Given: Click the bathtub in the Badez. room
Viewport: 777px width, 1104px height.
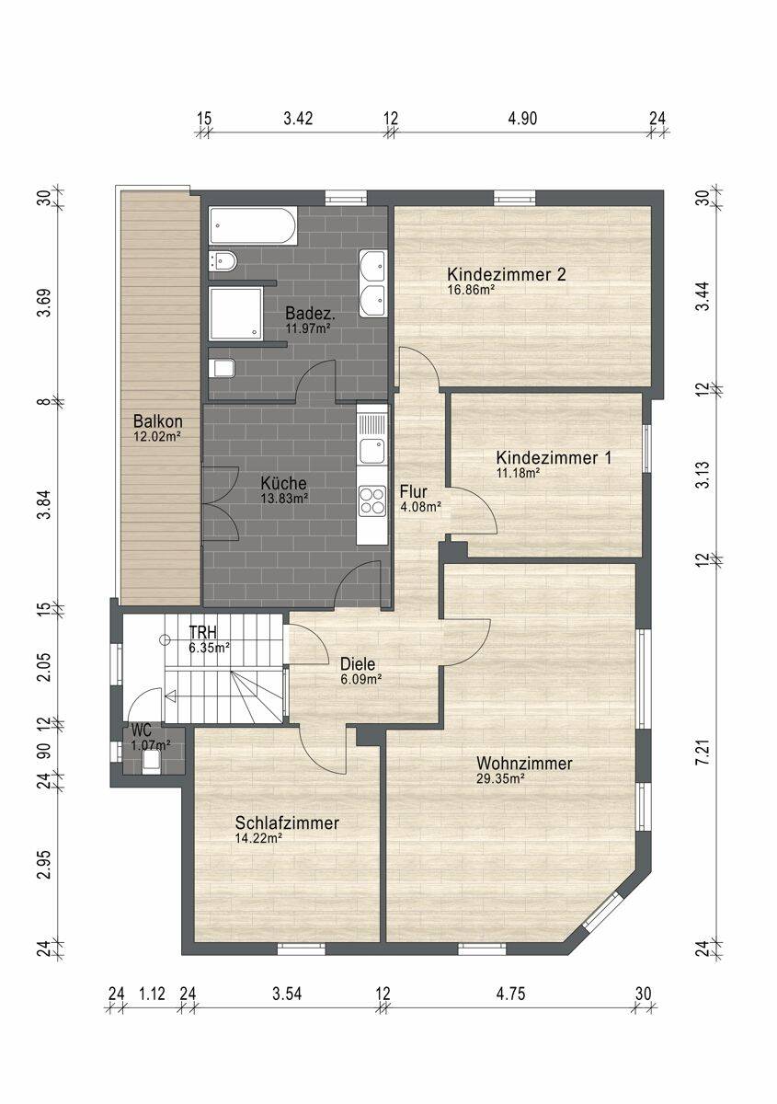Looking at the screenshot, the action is pyautogui.click(x=253, y=225).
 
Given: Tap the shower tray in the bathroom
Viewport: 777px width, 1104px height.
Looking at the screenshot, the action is pyautogui.click(x=236, y=315).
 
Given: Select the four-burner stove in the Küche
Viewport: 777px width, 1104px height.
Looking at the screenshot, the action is pyautogui.click(x=372, y=500).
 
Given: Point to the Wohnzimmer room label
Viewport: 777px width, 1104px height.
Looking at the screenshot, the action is pyautogui.click(x=524, y=764).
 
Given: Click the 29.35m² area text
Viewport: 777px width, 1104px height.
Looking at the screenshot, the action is pyautogui.click(x=499, y=778).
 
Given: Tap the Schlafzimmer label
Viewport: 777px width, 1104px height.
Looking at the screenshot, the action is pyautogui.click(x=287, y=822).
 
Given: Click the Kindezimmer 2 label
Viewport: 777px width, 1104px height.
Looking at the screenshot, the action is pyautogui.click(x=507, y=274).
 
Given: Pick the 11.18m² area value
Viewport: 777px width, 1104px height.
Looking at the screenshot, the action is pyautogui.click(x=519, y=473).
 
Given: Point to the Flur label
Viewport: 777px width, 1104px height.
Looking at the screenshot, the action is pyautogui.click(x=414, y=491).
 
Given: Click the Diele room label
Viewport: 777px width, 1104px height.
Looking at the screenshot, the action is pyautogui.click(x=358, y=664).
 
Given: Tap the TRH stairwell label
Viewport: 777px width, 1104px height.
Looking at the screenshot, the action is pyautogui.click(x=203, y=632).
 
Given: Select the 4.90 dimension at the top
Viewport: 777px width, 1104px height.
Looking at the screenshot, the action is pyautogui.click(x=521, y=119).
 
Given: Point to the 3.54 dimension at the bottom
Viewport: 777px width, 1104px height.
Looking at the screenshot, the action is pyautogui.click(x=287, y=995).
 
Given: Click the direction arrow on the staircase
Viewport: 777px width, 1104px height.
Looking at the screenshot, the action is pyautogui.click(x=171, y=696).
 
